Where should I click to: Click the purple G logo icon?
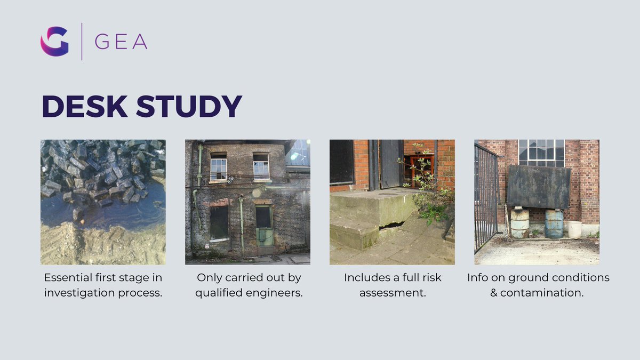click(x=54, y=42)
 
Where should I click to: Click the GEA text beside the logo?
click(x=121, y=42)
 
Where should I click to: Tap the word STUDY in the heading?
click(x=189, y=107)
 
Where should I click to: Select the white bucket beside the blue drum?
click(x=574, y=230)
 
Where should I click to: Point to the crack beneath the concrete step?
click(x=391, y=225)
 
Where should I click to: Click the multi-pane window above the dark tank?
click(x=541, y=153)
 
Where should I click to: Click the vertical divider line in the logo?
click(x=82, y=42)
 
